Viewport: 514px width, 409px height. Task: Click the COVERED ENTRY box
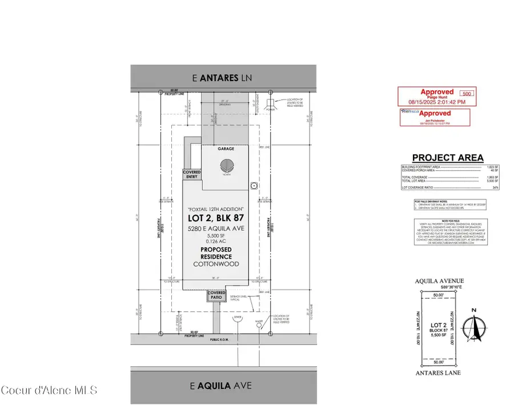191,174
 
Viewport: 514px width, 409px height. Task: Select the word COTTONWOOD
216,264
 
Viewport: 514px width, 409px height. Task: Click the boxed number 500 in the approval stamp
467,93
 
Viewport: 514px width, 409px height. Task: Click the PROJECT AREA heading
448,158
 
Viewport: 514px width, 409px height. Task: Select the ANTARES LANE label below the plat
439,373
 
